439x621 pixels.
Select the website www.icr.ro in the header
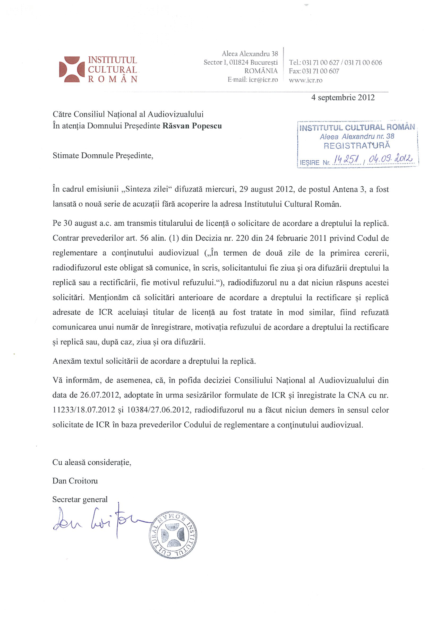tap(305, 80)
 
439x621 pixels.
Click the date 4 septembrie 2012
tap(343, 98)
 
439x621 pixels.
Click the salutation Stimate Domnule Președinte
tap(103, 156)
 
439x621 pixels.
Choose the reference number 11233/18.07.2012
tap(84, 410)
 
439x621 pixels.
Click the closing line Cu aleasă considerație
tap(92, 462)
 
